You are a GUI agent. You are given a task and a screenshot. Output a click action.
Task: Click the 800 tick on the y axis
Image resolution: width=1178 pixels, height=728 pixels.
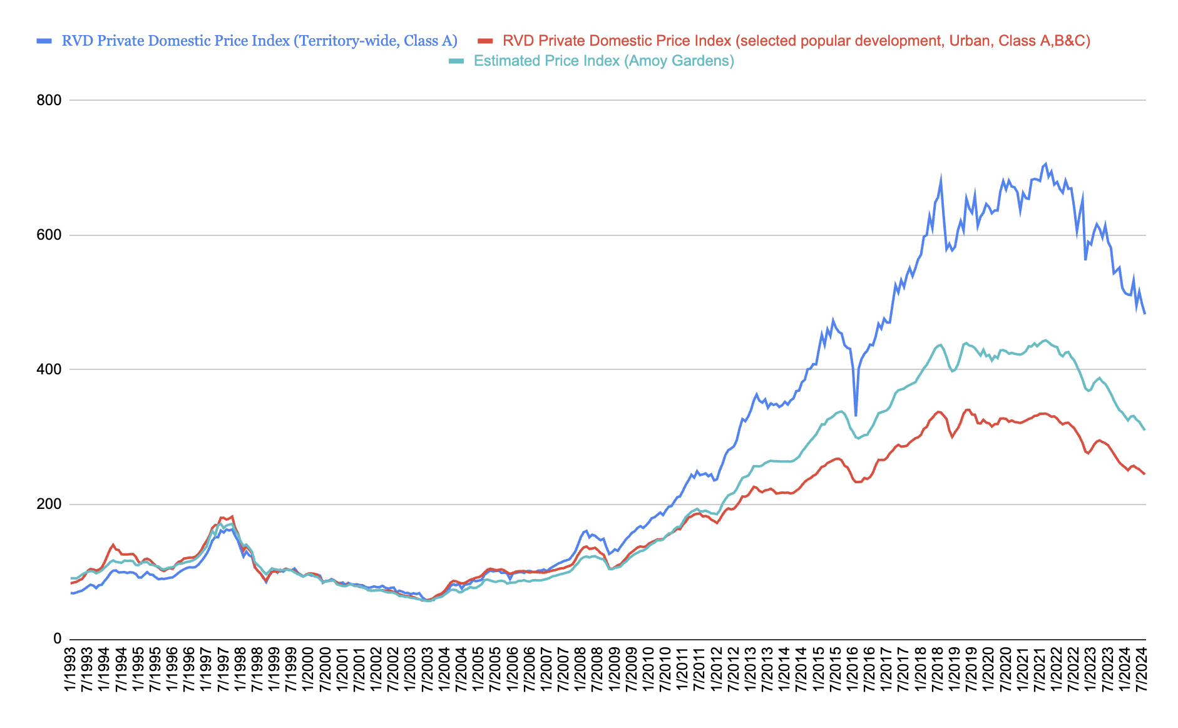[48, 100]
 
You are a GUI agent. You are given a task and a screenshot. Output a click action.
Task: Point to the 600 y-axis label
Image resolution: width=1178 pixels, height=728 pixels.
[48, 235]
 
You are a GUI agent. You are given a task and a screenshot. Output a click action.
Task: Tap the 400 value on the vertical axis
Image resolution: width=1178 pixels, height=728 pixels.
[48, 369]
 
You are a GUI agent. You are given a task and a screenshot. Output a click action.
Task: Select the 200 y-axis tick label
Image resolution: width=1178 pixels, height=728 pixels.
[48, 505]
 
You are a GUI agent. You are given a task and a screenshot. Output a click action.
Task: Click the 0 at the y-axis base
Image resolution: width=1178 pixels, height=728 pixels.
[57, 638]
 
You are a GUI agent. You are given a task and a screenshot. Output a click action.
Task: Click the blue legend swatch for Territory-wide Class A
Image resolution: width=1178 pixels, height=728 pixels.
[44, 41]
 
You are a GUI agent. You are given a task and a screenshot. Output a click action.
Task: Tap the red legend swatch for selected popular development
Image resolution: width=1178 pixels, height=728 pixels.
[485, 41]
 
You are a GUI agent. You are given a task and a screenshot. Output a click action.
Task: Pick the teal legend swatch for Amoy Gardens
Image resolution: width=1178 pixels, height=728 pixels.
[456, 61]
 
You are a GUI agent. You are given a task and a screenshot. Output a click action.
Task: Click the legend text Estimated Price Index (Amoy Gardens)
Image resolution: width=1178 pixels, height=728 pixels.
[603, 61]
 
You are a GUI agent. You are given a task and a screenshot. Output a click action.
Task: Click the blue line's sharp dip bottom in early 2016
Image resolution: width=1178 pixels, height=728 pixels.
[856, 415]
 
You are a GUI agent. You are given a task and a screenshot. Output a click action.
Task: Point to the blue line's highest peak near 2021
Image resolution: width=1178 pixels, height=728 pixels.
[1045, 164]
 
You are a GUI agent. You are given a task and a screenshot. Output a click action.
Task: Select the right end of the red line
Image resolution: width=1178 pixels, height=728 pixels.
[1145, 474]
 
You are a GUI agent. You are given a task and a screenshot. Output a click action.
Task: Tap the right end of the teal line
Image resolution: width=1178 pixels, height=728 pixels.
[1145, 430]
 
